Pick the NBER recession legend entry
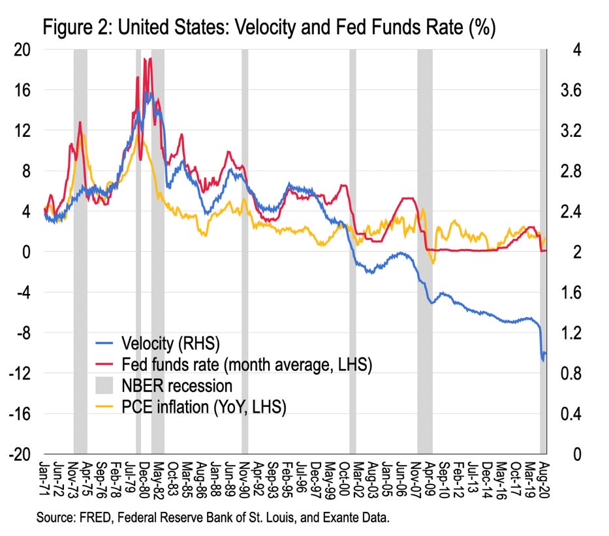[176, 385]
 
